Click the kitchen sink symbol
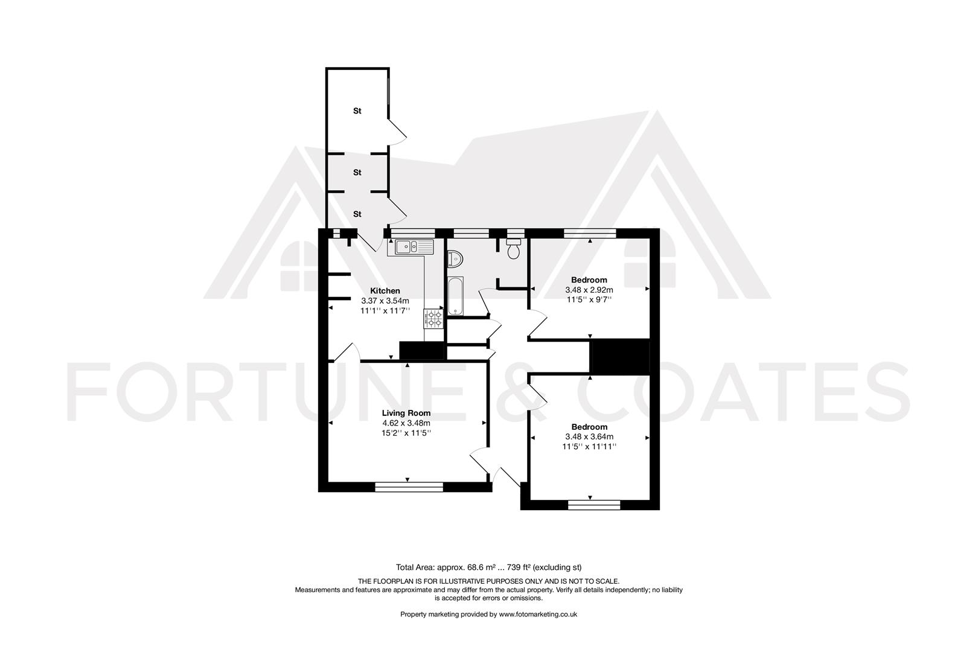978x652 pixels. tap(414, 246)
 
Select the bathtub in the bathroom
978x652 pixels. tap(455, 296)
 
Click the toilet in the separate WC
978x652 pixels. tap(514, 250)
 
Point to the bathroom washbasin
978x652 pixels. tap(455, 259)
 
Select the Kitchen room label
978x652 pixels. tap(385, 291)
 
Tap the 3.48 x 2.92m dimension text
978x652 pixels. tap(589, 290)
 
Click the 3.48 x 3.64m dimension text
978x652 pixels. tap(589, 436)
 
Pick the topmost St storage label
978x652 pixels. tap(357, 111)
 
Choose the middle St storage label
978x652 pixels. tap(357, 173)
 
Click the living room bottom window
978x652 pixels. tap(409, 485)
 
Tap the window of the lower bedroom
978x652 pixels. tap(594, 505)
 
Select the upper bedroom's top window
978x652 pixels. tap(590, 232)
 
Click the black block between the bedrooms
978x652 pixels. tap(620, 357)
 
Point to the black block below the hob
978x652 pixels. tap(423, 351)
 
